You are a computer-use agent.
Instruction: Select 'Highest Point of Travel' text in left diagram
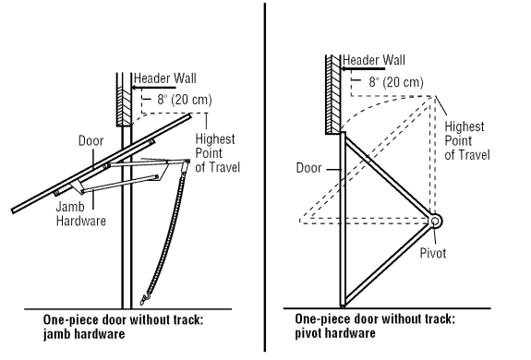216,151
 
